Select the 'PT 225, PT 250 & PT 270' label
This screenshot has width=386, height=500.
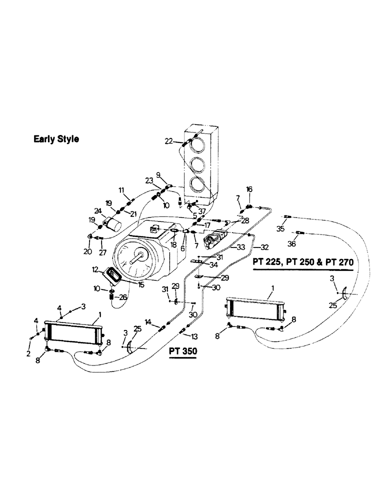pyautogui.click(x=303, y=262)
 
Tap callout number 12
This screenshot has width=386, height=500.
pyautogui.click(x=94, y=269)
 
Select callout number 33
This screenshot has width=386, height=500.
pyautogui.click(x=241, y=247)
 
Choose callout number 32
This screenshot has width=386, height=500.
pyautogui.click(x=264, y=247)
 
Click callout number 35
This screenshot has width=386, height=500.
pyautogui.click(x=280, y=228)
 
